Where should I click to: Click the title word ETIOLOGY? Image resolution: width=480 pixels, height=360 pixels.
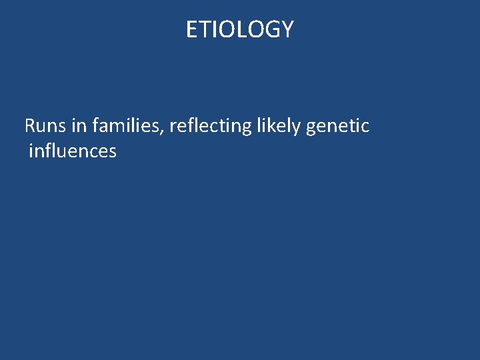(239, 29)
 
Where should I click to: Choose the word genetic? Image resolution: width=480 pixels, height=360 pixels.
(337, 125)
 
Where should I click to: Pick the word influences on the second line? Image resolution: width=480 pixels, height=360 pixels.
(73, 151)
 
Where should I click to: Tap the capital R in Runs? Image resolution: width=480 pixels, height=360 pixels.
(30, 125)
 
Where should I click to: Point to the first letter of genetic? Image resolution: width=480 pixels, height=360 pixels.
(311, 127)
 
